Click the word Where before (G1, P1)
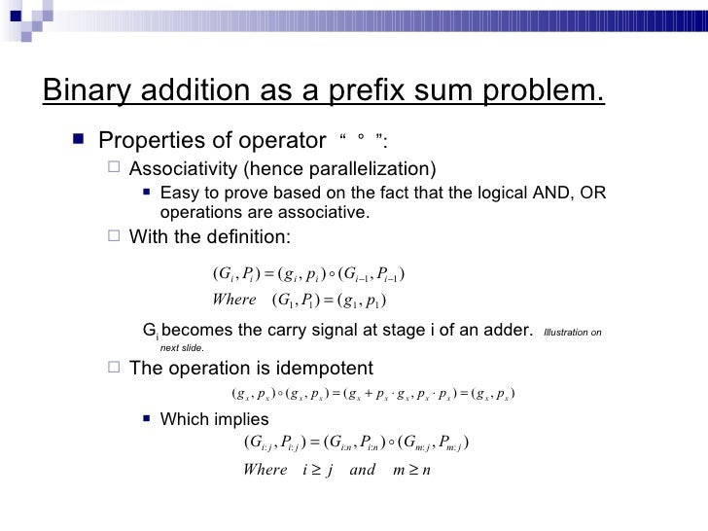coord(233,298)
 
